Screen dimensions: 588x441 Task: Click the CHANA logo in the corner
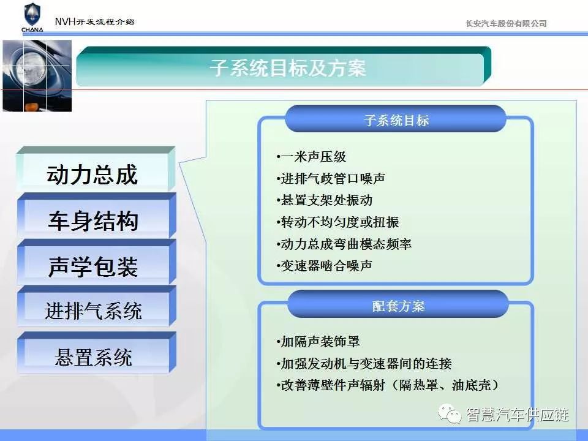32,18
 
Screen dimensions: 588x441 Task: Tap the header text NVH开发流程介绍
94,22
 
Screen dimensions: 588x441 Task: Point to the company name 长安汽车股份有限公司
506,24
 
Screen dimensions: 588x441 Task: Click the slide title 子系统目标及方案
288,68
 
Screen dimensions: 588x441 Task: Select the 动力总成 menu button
96,170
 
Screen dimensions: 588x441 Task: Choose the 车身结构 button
96,216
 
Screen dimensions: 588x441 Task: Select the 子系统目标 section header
396,119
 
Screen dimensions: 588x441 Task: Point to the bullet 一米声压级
311,157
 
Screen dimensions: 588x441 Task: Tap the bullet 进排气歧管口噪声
331,178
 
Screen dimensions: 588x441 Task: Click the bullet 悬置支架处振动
325,200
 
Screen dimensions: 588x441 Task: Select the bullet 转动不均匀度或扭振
337,222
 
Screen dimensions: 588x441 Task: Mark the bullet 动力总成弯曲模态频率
344,244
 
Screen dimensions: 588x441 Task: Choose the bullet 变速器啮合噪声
325,266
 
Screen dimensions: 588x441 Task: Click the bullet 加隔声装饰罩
318,342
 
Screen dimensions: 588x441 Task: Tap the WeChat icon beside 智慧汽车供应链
450,414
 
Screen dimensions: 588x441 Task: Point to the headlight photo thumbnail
37,76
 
